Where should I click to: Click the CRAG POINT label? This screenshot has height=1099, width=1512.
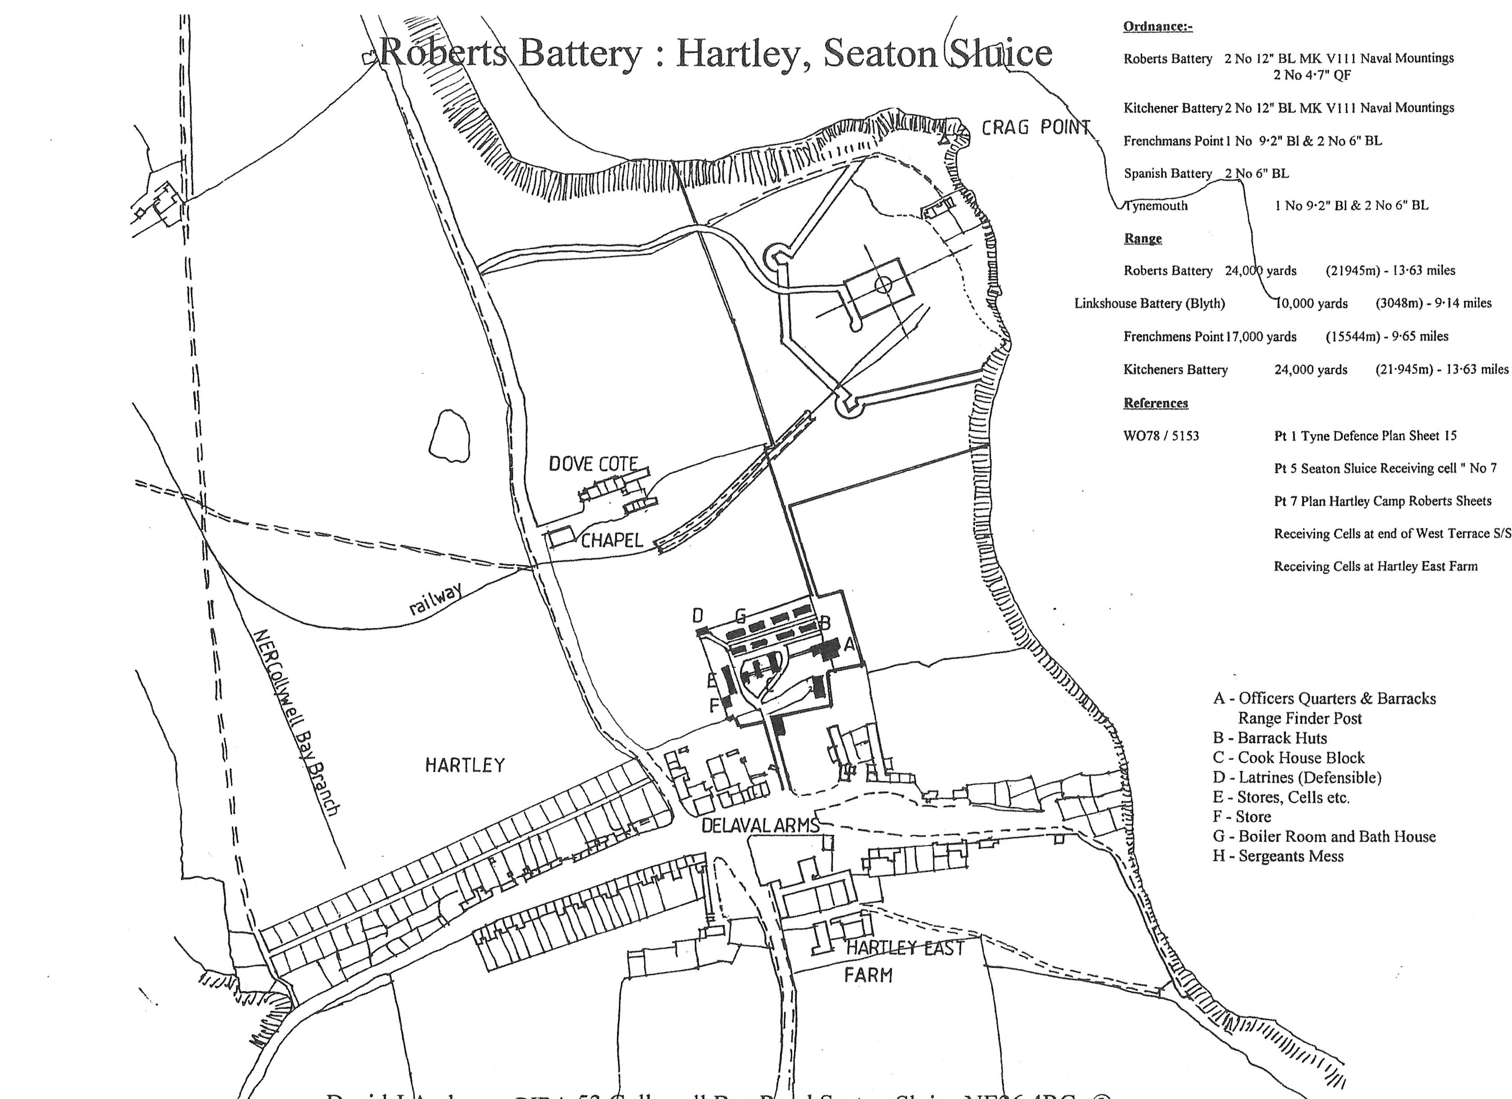(x=1035, y=127)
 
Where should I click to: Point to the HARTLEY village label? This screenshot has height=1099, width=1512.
(x=465, y=765)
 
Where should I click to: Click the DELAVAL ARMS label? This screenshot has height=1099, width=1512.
(x=760, y=826)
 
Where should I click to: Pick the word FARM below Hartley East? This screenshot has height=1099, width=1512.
(x=867, y=976)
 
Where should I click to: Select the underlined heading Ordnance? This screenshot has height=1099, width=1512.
(x=1158, y=27)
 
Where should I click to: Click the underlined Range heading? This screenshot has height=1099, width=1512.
(x=1143, y=239)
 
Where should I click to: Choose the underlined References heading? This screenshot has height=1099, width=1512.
(x=1155, y=403)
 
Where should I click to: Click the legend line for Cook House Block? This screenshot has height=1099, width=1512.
(x=1288, y=758)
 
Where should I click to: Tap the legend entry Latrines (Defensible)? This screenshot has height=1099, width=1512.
(x=1297, y=778)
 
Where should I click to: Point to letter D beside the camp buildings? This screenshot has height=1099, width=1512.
(x=697, y=615)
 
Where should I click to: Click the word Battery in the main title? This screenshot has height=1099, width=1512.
(x=580, y=53)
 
